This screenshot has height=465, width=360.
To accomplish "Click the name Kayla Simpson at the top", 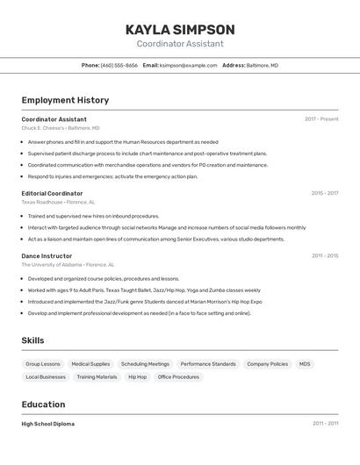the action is [x=180, y=30].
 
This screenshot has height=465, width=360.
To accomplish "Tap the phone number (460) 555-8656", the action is [x=119, y=65].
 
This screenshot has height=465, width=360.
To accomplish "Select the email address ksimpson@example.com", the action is [x=188, y=65].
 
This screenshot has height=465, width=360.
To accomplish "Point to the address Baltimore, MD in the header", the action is [x=262, y=65].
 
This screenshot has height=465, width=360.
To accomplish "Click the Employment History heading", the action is [x=65, y=100].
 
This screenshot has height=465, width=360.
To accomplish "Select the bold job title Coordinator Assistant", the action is [x=54, y=119].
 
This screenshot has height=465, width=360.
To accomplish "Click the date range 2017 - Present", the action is [x=321, y=119].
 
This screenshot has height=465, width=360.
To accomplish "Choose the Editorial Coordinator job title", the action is [x=52, y=193].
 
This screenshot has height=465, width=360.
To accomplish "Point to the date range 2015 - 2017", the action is [x=324, y=193].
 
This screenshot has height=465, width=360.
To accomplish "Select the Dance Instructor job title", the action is [x=47, y=256].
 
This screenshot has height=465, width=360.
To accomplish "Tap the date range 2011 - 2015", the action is [x=324, y=256].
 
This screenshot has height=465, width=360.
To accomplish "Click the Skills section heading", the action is [x=33, y=340].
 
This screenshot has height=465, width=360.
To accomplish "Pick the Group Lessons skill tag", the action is [x=43, y=364].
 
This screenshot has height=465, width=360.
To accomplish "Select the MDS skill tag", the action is [x=305, y=364].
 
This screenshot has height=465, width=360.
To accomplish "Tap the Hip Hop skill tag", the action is [x=138, y=377].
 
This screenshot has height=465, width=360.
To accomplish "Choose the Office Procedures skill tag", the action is [x=178, y=377].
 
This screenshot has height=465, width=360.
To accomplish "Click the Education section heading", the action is [x=43, y=404].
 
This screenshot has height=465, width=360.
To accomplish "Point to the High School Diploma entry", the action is [x=48, y=424].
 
